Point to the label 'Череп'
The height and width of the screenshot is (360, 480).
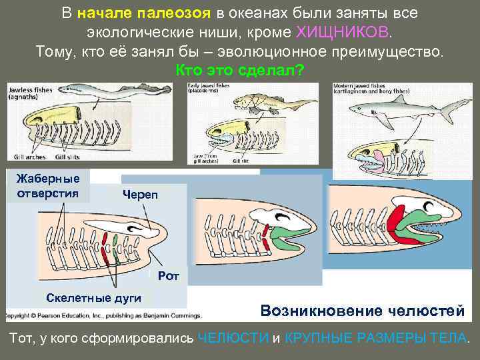[x=139, y=194]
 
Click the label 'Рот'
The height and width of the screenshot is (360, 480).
[x=169, y=275]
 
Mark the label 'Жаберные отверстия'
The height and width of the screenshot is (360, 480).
[x=47, y=186]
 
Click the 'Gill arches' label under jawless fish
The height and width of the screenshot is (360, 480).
[x=29, y=157]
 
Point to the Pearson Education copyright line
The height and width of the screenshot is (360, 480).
[x=104, y=314]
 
